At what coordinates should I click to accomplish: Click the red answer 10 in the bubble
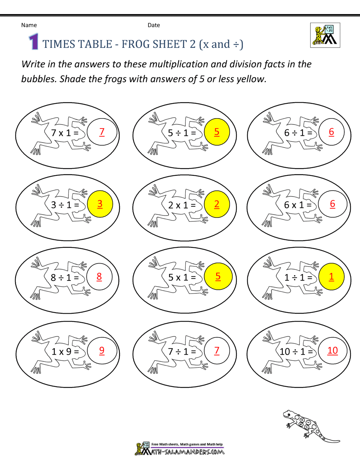[333, 351]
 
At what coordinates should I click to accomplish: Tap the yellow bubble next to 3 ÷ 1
[100, 204]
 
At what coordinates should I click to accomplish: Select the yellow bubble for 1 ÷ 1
[332, 277]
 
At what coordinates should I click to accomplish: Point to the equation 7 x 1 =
[65, 133]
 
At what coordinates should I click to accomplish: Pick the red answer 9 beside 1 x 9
[102, 350]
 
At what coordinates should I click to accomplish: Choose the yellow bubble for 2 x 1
[217, 204]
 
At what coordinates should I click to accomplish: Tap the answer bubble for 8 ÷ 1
[99, 277]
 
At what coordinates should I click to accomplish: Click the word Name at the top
[29, 25]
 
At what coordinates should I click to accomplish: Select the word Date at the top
[154, 25]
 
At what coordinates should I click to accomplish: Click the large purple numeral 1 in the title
[33, 41]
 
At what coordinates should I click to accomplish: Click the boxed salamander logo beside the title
[325, 35]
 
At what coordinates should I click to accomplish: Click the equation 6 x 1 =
[298, 205]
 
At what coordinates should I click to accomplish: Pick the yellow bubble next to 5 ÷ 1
[217, 132]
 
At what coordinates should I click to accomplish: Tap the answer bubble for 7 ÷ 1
[217, 351]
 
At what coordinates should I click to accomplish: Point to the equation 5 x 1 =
[182, 278]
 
